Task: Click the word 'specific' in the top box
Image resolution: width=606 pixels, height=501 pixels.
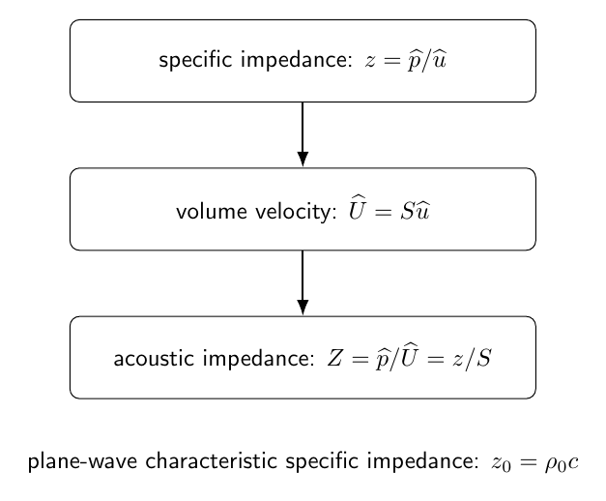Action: click(195, 60)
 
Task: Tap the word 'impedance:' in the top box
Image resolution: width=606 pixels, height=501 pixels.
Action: click(297, 60)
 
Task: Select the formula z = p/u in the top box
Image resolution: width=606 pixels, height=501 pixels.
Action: click(406, 61)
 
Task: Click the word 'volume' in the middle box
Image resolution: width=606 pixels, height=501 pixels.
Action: click(212, 212)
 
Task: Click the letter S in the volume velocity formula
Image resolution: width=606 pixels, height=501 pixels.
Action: click(408, 211)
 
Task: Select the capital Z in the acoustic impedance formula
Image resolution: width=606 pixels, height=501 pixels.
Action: click(334, 358)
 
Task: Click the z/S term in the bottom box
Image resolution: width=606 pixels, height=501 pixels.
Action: click(473, 359)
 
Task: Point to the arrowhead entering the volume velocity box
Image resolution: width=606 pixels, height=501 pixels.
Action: click(303, 159)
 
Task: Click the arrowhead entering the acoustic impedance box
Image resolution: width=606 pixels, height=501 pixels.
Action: click(303, 308)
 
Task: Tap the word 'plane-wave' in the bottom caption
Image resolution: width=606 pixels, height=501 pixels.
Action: click(83, 461)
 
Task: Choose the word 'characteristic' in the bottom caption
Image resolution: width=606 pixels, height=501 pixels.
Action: click(211, 460)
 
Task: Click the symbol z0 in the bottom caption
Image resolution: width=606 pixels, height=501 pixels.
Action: click(501, 463)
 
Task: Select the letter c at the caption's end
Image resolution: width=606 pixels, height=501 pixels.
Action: click(573, 462)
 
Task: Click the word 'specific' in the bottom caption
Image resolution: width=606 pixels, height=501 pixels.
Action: click(322, 461)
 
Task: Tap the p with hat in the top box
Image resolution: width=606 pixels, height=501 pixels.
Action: click(415, 61)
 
